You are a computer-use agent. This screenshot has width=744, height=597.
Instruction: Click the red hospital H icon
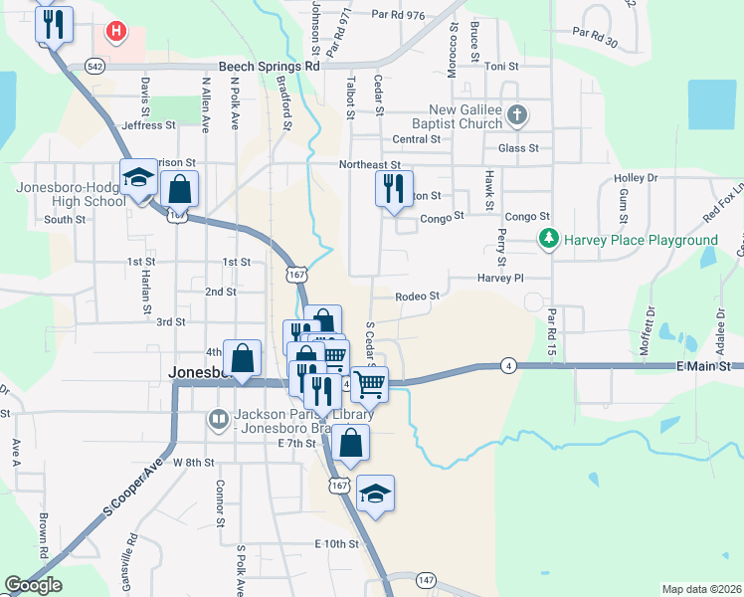click(x=117, y=32)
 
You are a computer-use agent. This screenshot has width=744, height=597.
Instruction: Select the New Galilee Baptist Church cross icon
click(x=516, y=115)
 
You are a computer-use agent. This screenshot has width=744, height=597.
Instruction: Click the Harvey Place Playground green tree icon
click(x=547, y=240)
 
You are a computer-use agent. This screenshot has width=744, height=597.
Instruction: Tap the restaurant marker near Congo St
click(x=394, y=186)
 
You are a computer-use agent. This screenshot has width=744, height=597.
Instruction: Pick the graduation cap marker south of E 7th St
click(x=375, y=494)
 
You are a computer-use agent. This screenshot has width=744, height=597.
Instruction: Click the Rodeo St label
click(x=417, y=297)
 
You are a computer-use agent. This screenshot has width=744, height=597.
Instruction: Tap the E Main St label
click(x=703, y=367)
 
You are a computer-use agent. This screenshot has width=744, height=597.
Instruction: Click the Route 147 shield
click(x=427, y=580)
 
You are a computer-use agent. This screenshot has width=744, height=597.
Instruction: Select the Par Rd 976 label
click(x=398, y=15)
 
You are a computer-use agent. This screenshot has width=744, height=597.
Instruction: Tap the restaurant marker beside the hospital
click(x=54, y=24)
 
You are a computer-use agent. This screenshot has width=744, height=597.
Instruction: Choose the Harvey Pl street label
click(x=499, y=279)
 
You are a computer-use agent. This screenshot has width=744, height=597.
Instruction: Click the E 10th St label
click(x=335, y=544)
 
